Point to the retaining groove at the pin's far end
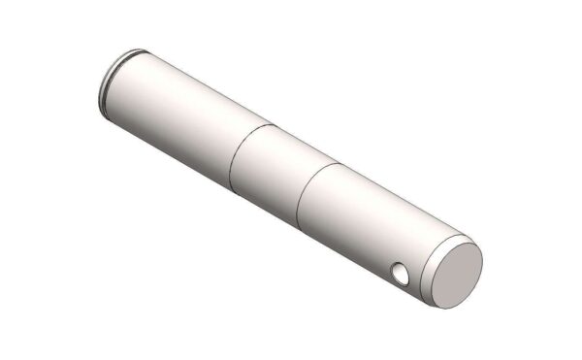[x=109, y=78]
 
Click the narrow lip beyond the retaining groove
[x=104, y=82]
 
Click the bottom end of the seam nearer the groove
[x=230, y=184]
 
